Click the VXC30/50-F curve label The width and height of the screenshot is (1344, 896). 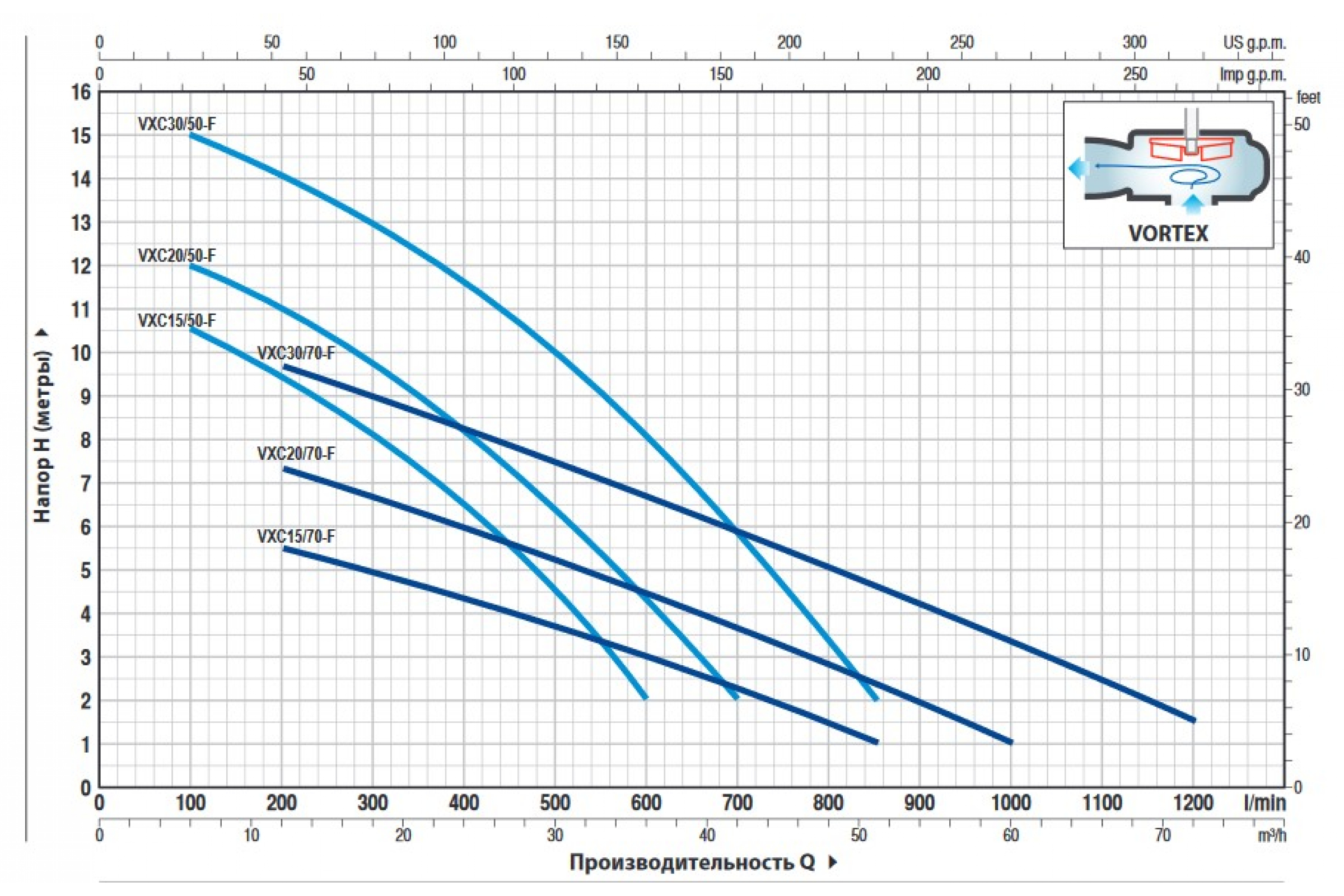coord(176,124)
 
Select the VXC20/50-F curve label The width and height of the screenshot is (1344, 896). coord(176,255)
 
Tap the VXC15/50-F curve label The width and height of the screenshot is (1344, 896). coord(176,320)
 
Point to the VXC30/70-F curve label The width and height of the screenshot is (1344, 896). coord(296,353)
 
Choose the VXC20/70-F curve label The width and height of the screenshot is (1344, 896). coord(296,454)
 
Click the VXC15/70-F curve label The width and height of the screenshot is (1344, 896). coord(296,536)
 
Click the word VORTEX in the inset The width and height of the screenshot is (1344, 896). coord(1168,234)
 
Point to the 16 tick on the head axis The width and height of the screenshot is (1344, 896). coord(81,92)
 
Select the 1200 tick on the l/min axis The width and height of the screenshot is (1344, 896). coord(1193,803)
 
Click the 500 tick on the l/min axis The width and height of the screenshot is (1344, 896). coord(554,803)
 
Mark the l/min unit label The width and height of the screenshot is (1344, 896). coord(1264,803)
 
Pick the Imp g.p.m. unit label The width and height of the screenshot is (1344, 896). coord(1253,74)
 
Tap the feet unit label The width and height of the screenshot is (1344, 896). coord(1308,97)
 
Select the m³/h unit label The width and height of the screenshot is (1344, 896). coord(1271,836)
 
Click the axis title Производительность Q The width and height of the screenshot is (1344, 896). coord(692,862)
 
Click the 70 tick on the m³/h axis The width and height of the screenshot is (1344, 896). coord(1163,836)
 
